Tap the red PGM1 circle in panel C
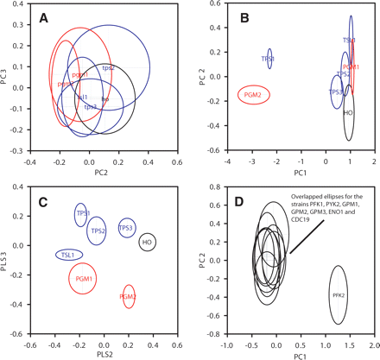(84, 279)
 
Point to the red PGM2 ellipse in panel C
(129, 296)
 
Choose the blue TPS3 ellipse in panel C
(126, 228)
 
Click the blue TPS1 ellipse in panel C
(82, 214)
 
